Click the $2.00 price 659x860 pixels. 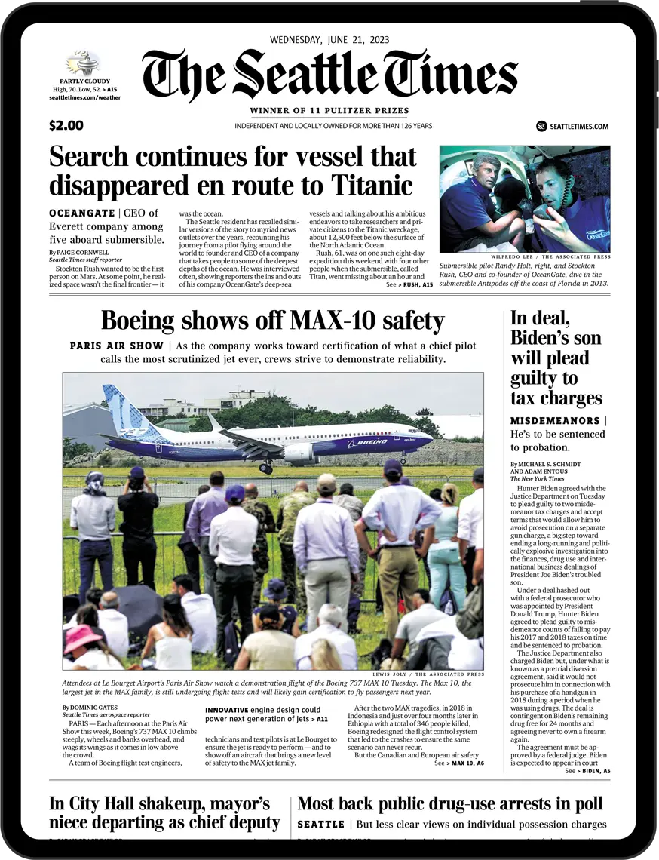coord(66,126)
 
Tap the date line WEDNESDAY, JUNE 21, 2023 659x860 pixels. coord(329,40)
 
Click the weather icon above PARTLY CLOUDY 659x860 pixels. coord(83,63)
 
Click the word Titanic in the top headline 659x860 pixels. coord(369,185)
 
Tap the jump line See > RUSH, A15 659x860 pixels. coord(409,285)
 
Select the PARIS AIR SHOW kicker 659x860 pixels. coord(116,346)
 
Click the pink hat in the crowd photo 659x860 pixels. coord(83,637)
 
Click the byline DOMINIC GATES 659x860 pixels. coord(91,708)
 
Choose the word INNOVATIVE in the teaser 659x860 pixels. coord(227,710)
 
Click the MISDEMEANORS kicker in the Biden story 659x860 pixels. coord(555,420)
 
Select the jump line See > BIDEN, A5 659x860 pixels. coord(587,771)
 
